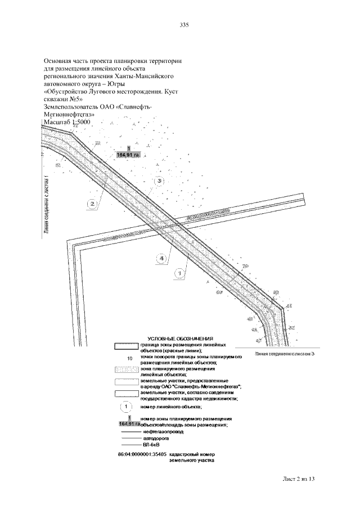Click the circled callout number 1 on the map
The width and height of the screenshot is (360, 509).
coord(179,274)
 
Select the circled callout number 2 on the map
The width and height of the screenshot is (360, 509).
coord(94,203)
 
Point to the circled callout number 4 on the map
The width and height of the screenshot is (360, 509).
coord(162,259)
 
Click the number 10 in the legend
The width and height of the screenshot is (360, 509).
coord(130,358)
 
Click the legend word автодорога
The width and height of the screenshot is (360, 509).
coord(156,438)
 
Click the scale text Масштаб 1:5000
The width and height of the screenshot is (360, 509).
coord(66,121)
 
